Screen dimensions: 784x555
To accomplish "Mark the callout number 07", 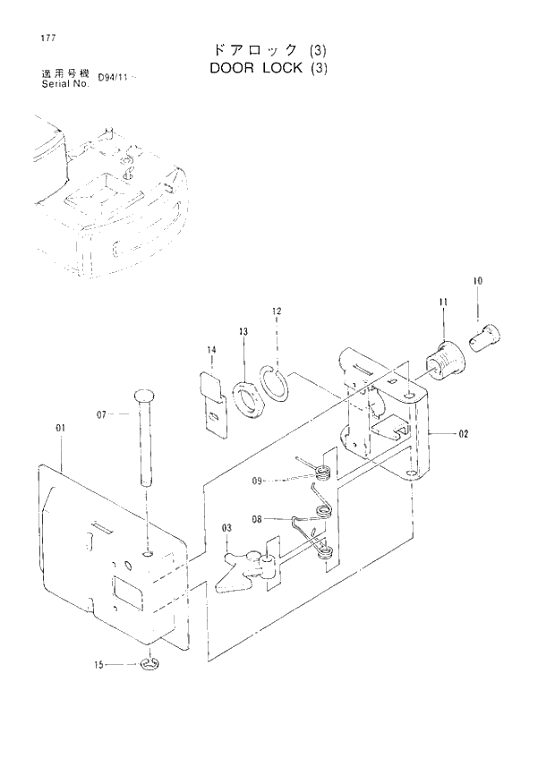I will click(x=101, y=414).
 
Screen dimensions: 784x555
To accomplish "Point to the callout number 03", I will click(x=227, y=528).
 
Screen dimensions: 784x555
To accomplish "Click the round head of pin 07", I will click(x=144, y=395).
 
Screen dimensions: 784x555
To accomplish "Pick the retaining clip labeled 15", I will click(x=149, y=664).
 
